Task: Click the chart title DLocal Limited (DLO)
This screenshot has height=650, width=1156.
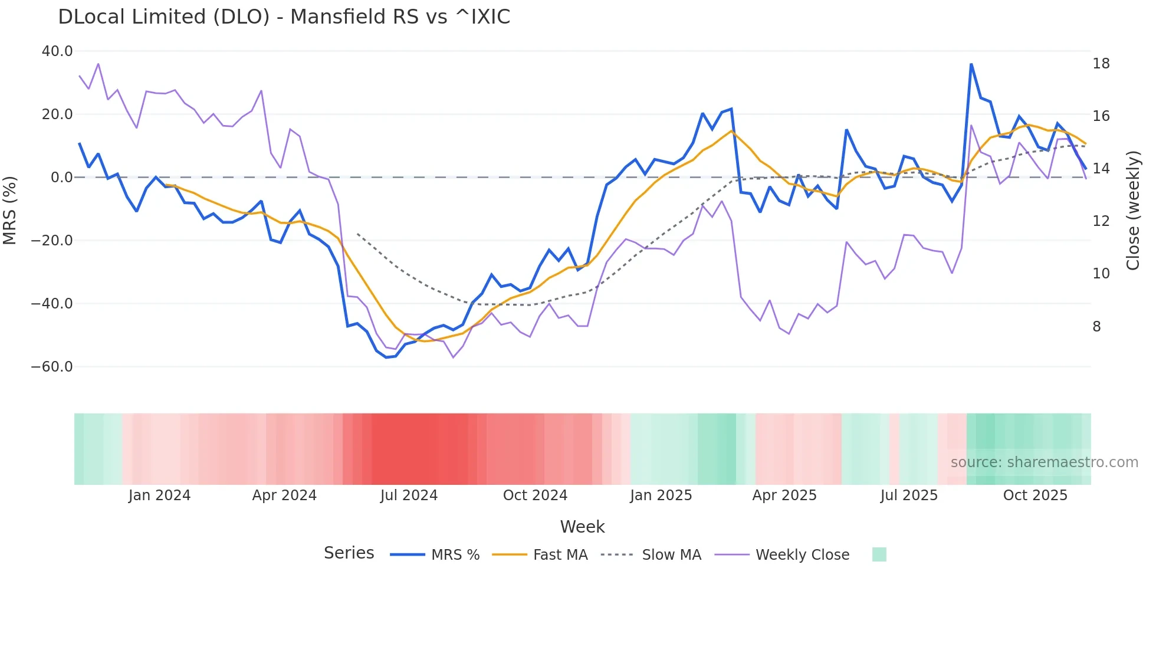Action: click(x=284, y=17)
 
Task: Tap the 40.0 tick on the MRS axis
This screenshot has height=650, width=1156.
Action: click(x=57, y=51)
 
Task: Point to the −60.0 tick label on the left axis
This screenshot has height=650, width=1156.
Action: click(x=52, y=367)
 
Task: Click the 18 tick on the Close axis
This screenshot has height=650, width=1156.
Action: click(x=1101, y=64)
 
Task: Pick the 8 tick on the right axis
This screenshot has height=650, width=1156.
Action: click(x=1096, y=327)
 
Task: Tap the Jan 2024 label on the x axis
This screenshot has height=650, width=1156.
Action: click(x=159, y=495)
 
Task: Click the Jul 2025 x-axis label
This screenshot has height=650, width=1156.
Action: click(x=909, y=495)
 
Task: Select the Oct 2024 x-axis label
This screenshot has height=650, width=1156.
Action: click(x=535, y=495)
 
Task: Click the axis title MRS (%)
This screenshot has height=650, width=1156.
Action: click(x=10, y=210)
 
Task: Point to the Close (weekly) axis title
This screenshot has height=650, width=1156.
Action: click(x=1133, y=211)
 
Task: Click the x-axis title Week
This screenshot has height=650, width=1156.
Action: click(x=582, y=527)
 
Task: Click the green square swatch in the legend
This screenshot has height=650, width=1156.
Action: click(x=879, y=554)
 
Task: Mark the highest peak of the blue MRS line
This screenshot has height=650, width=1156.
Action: click(x=971, y=64)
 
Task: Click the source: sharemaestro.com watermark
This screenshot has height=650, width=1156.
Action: click(x=1044, y=462)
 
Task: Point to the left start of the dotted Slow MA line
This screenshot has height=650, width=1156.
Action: click(x=357, y=234)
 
